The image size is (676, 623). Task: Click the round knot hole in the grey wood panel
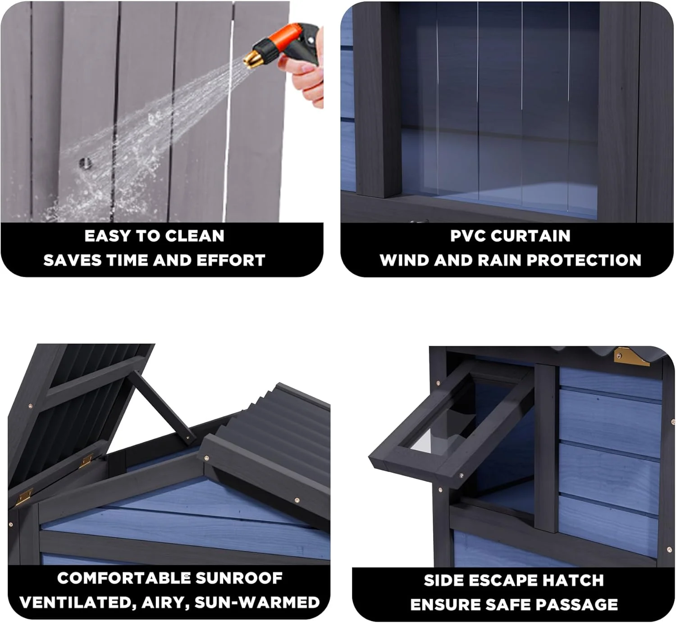tap(85, 163)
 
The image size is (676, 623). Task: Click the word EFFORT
tap(231, 260)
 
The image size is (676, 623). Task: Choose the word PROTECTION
tap(584, 260)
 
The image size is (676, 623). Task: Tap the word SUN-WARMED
tap(257, 602)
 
